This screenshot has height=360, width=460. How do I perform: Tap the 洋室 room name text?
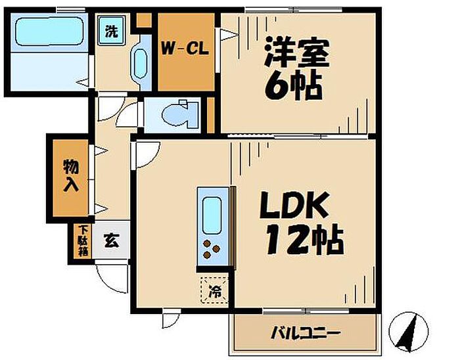296,52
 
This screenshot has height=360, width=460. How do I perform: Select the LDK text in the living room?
294,206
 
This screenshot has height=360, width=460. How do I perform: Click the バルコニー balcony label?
305,333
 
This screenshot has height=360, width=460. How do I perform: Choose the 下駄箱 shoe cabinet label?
83,240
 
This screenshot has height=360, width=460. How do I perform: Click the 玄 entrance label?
111,240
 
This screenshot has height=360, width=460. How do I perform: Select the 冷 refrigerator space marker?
215,290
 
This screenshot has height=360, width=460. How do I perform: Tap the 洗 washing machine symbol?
111,30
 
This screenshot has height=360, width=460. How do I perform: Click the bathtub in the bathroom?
49,32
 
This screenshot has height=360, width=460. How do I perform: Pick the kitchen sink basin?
212,215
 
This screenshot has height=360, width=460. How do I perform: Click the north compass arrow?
408,332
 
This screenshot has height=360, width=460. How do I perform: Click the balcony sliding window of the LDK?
306,311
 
